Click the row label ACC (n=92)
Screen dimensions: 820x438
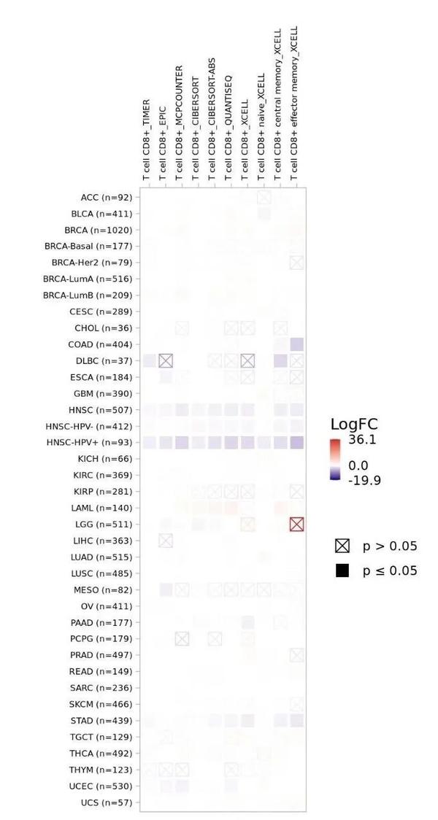[x=106, y=197]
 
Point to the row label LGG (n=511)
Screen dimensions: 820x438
[x=107, y=525]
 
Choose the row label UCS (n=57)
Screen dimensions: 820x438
[x=107, y=802]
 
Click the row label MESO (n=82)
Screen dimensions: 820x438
[x=104, y=589]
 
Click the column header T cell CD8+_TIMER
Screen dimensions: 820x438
[x=147, y=139]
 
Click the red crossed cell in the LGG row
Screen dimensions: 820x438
[x=296, y=524]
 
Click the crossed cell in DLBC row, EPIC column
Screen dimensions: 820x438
[x=166, y=360]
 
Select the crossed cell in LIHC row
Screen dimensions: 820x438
[x=166, y=540]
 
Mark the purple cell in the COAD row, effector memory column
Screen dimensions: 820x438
[x=296, y=344]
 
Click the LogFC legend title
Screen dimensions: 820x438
[x=353, y=425]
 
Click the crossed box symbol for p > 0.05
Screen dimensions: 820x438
[x=342, y=546]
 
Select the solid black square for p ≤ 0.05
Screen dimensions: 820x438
[x=342, y=570]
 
